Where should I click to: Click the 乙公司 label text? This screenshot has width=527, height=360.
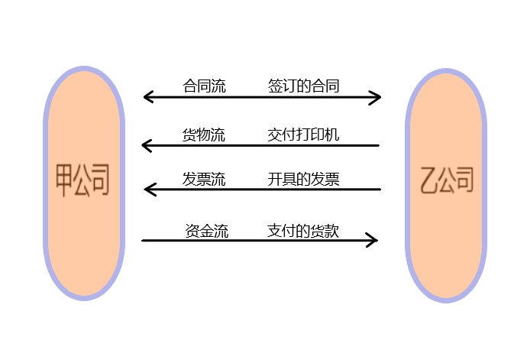tap(447, 180)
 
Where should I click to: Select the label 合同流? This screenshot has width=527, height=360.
tap(204, 86)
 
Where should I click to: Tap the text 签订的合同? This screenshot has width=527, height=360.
tap(304, 86)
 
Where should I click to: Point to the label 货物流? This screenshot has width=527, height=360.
tap(203, 135)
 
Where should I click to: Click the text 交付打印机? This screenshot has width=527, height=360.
tap(304, 135)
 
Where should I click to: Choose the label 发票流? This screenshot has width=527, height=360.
tap(203, 180)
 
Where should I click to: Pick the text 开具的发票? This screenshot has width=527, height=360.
tap(304, 180)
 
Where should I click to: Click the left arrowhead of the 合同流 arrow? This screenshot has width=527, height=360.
tap(147, 97)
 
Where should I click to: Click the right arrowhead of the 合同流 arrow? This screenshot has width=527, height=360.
tap(377, 97)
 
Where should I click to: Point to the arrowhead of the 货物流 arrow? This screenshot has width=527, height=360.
tap(146, 145)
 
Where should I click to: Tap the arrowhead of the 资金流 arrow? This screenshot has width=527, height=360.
tap(373, 241)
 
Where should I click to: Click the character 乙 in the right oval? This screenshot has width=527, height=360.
tap(428, 180)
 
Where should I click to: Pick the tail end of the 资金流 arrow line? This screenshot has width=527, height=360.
tap(143, 241)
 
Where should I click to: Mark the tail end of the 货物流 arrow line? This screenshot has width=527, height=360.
tap(378, 145)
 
